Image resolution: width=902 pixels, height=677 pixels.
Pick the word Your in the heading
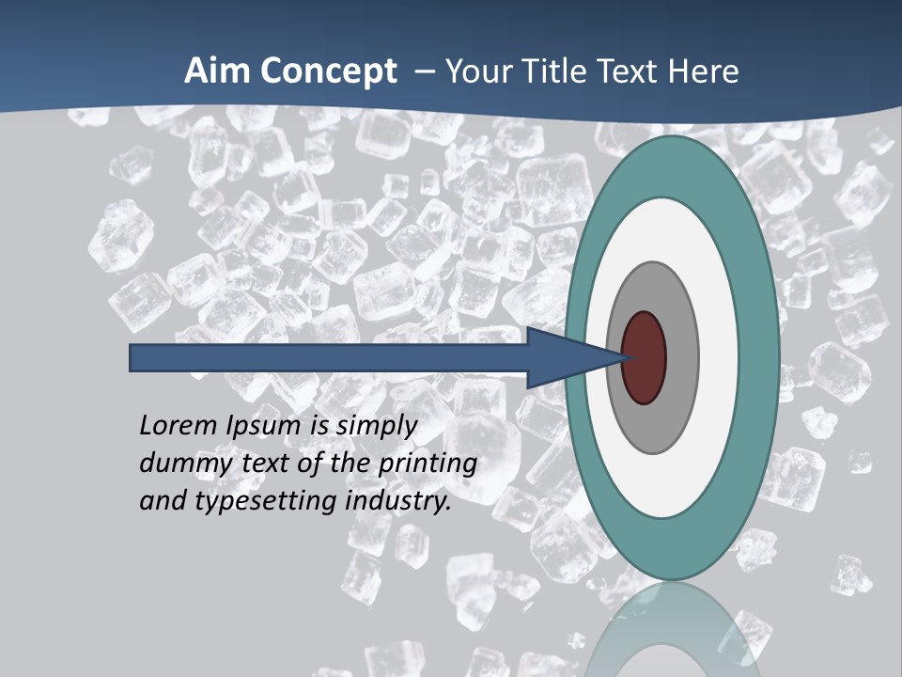click(x=480, y=71)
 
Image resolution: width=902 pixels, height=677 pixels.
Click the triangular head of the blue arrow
click(x=564, y=358)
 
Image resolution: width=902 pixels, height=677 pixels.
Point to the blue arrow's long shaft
click(x=329, y=358)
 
